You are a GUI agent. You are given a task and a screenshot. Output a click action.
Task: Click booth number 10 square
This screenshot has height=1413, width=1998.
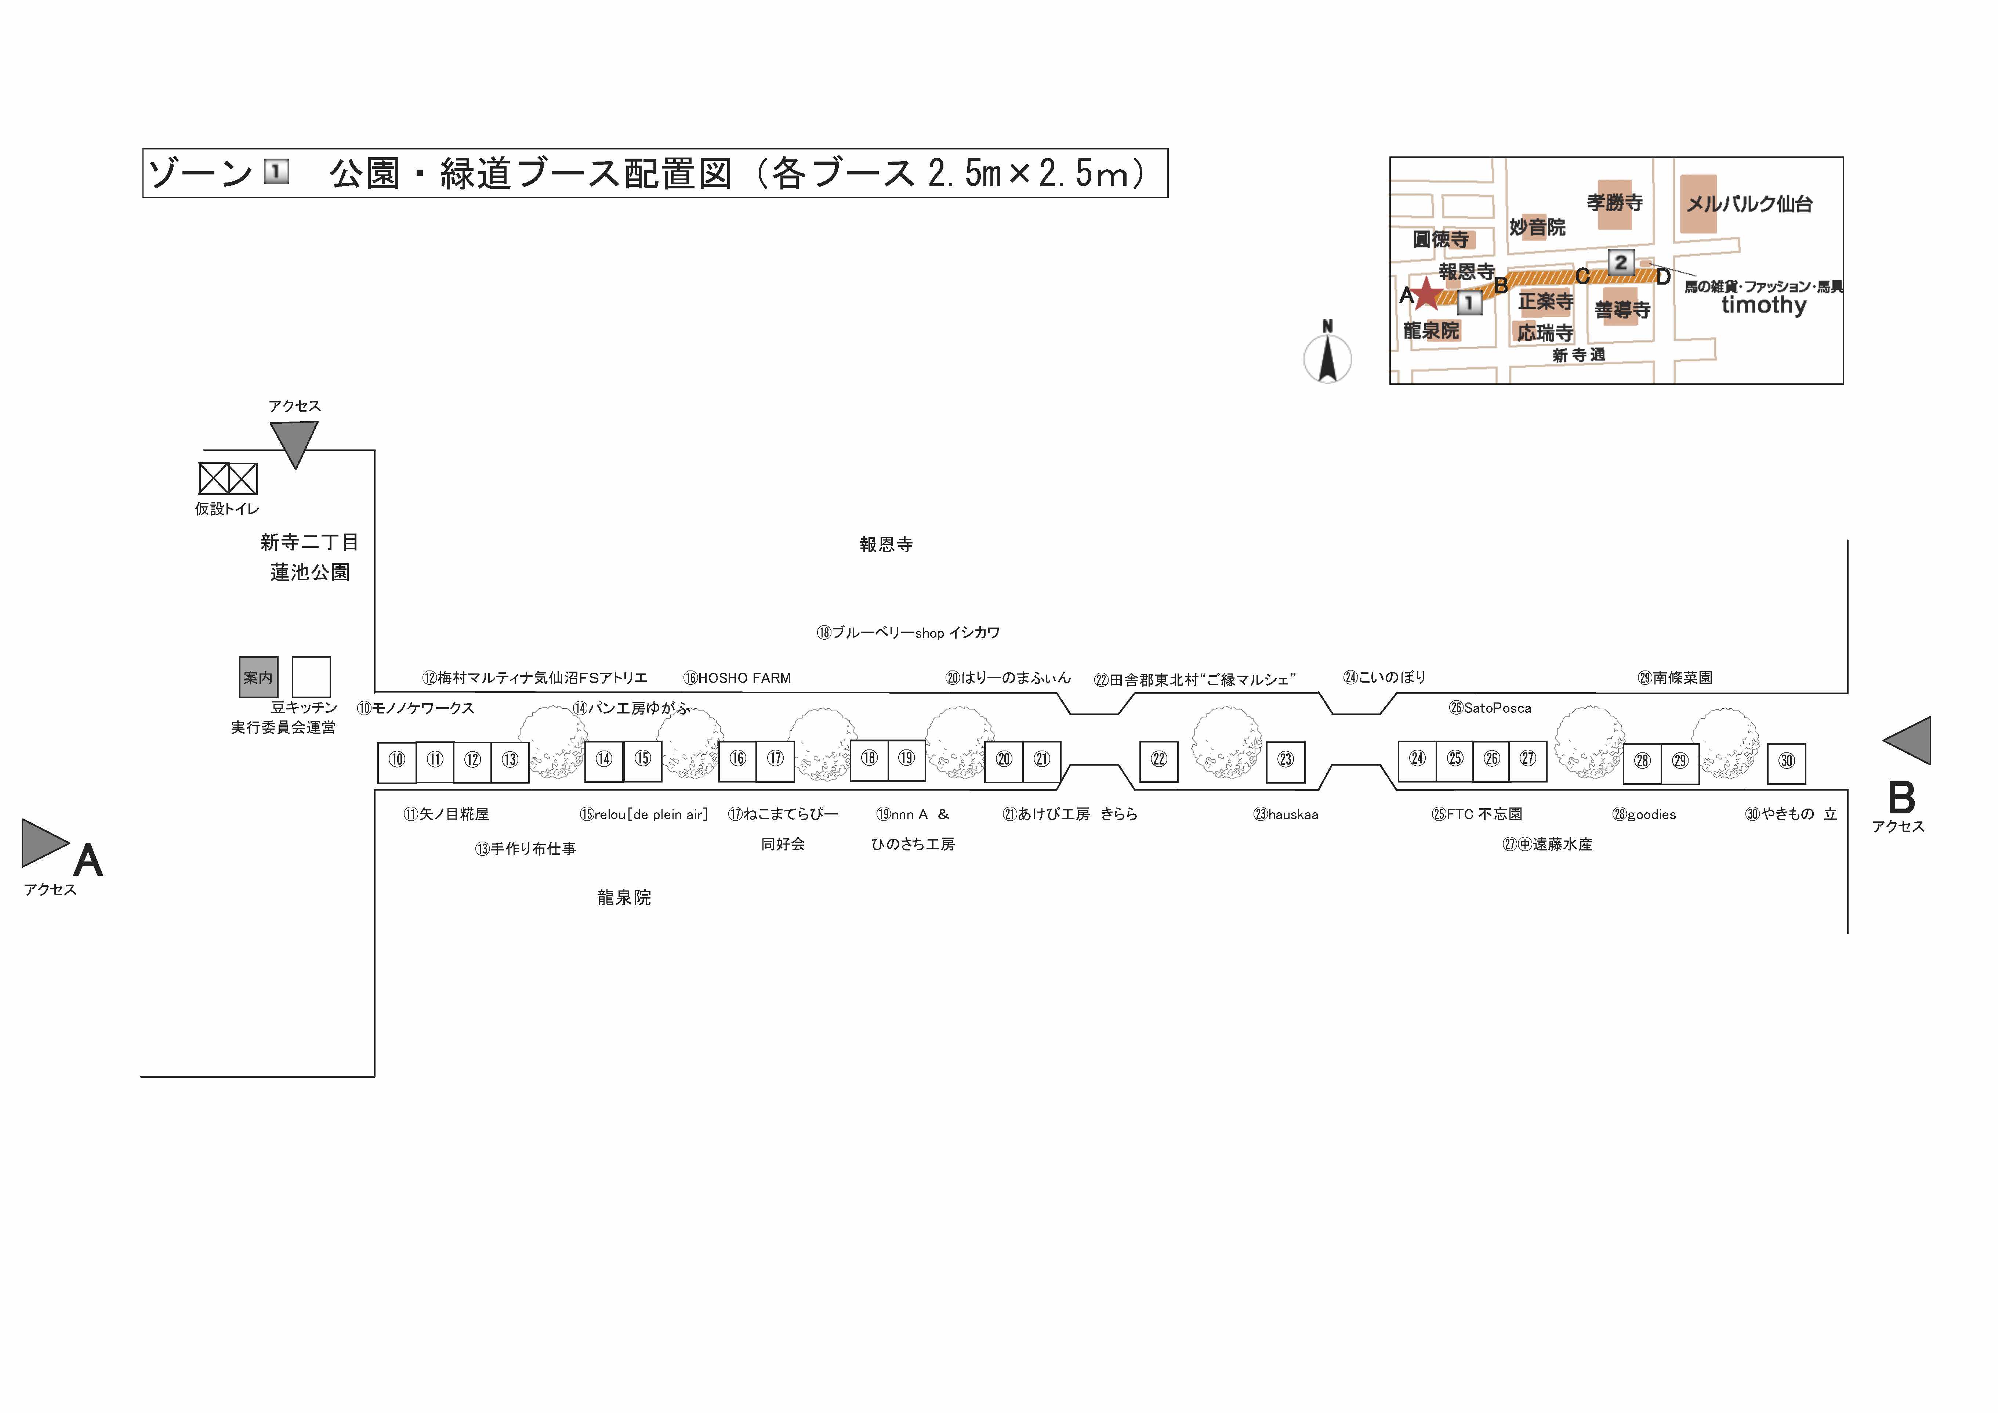coord(397,763)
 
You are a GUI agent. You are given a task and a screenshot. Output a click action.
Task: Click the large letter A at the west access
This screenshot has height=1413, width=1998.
coord(88,860)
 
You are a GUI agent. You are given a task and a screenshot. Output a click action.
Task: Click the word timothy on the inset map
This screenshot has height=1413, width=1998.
coord(1764,305)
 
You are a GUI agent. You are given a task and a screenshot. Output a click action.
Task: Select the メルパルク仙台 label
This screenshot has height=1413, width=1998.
coord(1749,204)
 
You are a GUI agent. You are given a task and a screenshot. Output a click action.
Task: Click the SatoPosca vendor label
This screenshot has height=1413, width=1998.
coord(1490,708)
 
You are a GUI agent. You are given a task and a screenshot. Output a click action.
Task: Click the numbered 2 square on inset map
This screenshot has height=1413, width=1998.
coord(1620,262)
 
